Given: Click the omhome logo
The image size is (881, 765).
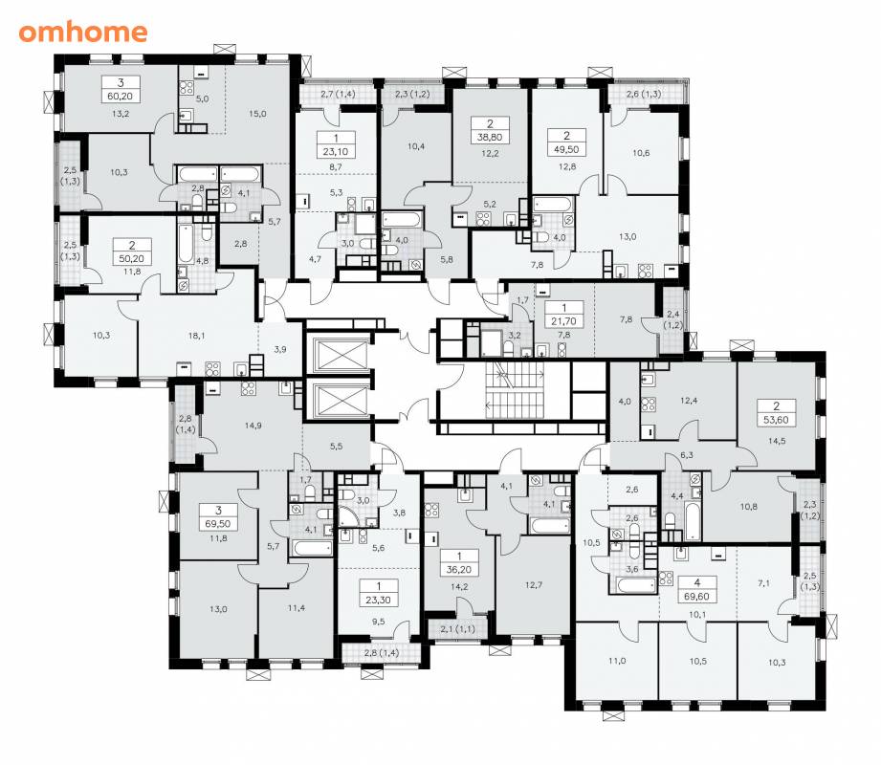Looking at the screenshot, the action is tap(83, 32).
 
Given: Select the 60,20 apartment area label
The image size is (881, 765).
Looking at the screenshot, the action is tap(121, 96).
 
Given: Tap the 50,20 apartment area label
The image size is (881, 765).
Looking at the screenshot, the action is tap(131, 259).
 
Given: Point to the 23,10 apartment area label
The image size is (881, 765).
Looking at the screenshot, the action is tap(336, 152).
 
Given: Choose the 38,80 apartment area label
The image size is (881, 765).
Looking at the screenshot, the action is tap(490, 137).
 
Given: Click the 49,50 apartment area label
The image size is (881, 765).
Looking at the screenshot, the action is tap(566, 149).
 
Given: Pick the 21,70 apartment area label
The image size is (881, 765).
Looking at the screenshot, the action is tap(564, 321).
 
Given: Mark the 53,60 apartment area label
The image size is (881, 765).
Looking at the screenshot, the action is tap(777, 420).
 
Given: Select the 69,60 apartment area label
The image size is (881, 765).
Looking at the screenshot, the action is tap(697, 597).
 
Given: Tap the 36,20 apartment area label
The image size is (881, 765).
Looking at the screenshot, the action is tap(459, 570).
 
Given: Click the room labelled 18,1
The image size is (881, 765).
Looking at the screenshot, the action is tap(197, 336).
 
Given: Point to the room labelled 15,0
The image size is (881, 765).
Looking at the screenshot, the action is tap(257, 114).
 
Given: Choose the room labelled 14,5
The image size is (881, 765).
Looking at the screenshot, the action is tap(777, 441).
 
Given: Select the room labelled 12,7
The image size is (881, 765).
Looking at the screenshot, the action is tap(533, 584).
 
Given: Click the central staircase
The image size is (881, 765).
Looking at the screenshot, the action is tap(516, 390).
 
